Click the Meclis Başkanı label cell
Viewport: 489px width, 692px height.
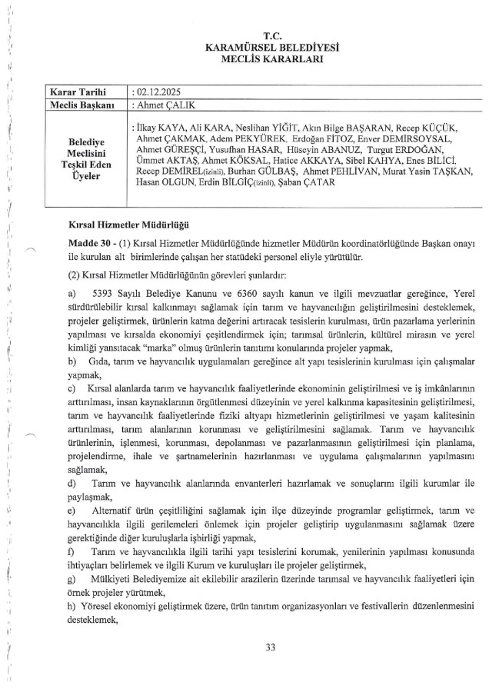coord(82,105)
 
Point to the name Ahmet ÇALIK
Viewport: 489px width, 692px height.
coord(167,105)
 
